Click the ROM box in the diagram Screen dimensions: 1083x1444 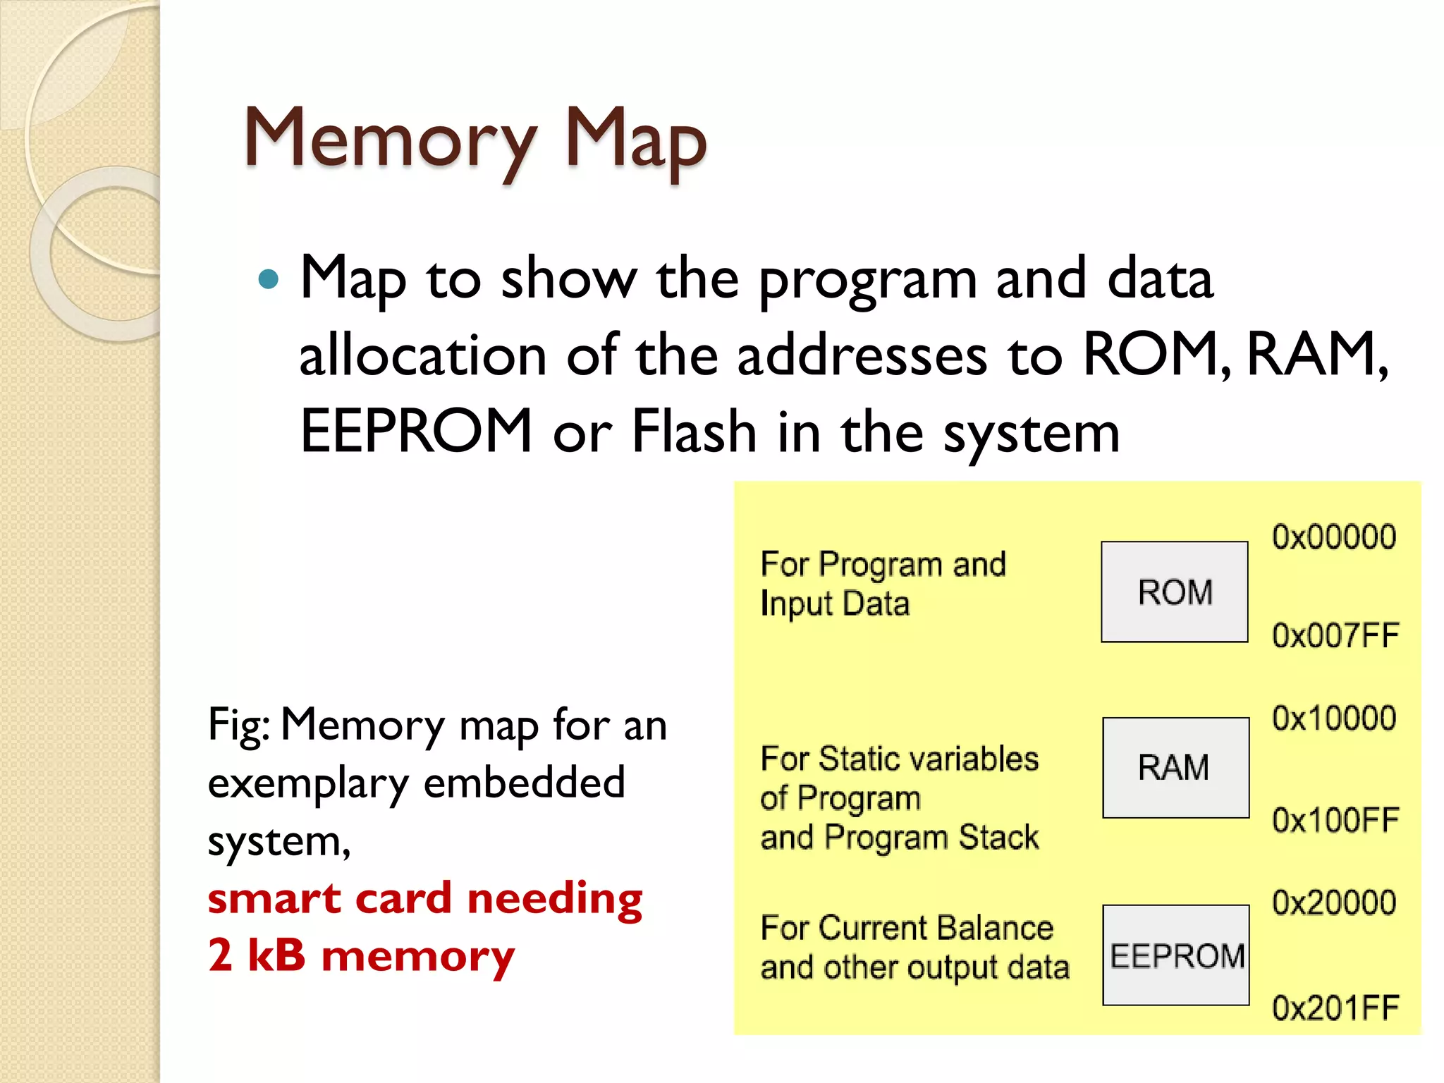pyautogui.click(x=1174, y=592)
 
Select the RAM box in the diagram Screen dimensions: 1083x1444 pyautogui.click(x=1175, y=767)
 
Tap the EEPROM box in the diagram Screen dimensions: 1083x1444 pyautogui.click(x=1175, y=955)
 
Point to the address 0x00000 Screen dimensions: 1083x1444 pyautogui.click(x=1333, y=537)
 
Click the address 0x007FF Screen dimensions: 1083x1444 pyautogui.click(x=1335, y=635)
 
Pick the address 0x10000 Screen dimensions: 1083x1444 pyautogui.click(x=1333, y=718)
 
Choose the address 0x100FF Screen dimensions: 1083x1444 pyautogui.click(x=1335, y=820)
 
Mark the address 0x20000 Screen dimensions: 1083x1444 pyautogui.click(x=1333, y=902)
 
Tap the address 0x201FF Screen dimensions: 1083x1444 pyautogui.click(x=1335, y=1008)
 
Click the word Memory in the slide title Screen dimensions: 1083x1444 pyautogui.click(x=390, y=139)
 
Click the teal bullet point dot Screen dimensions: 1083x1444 pyautogui.click(x=269, y=280)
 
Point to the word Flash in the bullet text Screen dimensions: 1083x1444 pyautogui.click(x=694, y=431)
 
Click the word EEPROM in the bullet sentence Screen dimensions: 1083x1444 pyautogui.click(x=416, y=431)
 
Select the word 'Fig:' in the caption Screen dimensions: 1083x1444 pyautogui.click(x=238, y=726)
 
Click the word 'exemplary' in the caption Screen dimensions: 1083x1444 pyautogui.click(x=308, y=784)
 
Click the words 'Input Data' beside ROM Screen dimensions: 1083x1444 pyautogui.click(x=835, y=604)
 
